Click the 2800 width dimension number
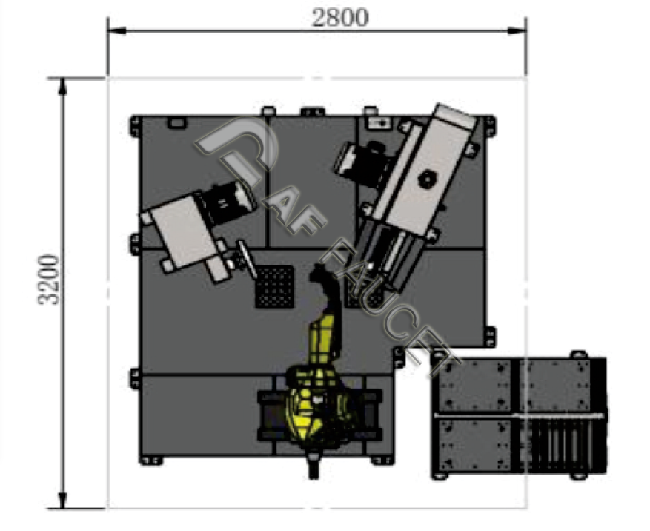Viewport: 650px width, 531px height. point(340,19)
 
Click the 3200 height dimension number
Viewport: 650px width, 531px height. point(49,280)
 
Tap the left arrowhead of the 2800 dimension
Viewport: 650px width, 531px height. point(117,30)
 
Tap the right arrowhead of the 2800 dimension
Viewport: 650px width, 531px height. point(517,30)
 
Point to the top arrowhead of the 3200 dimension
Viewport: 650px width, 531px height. point(62,87)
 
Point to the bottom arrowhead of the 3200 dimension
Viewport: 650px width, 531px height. point(62,499)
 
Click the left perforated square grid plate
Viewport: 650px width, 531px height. point(274,287)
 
